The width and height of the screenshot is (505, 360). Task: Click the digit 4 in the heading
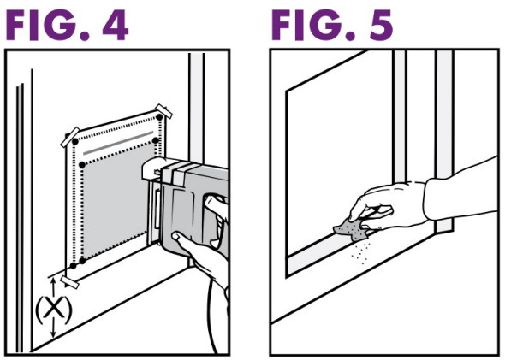(x=116, y=25)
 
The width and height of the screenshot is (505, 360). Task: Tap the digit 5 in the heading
(x=381, y=25)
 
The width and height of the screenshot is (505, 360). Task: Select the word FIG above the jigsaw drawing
(x=48, y=25)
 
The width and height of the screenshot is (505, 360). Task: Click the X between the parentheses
(x=53, y=308)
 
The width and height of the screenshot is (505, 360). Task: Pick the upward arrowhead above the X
(x=54, y=280)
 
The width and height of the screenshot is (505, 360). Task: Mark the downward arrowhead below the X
(x=54, y=334)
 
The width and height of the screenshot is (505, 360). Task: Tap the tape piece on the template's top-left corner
(x=70, y=137)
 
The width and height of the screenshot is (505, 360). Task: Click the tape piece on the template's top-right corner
(x=163, y=111)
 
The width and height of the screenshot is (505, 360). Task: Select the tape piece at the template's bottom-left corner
(x=69, y=281)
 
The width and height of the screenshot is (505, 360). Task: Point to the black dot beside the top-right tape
(x=159, y=117)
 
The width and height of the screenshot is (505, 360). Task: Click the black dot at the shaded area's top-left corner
(x=82, y=165)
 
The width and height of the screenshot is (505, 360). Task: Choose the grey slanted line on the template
(x=118, y=143)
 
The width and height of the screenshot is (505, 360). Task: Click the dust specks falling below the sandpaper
(x=361, y=253)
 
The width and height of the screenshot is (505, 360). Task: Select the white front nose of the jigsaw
(x=153, y=168)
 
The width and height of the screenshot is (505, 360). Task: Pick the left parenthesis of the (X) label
(x=38, y=310)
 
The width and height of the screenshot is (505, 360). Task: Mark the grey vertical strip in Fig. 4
(x=196, y=106)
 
